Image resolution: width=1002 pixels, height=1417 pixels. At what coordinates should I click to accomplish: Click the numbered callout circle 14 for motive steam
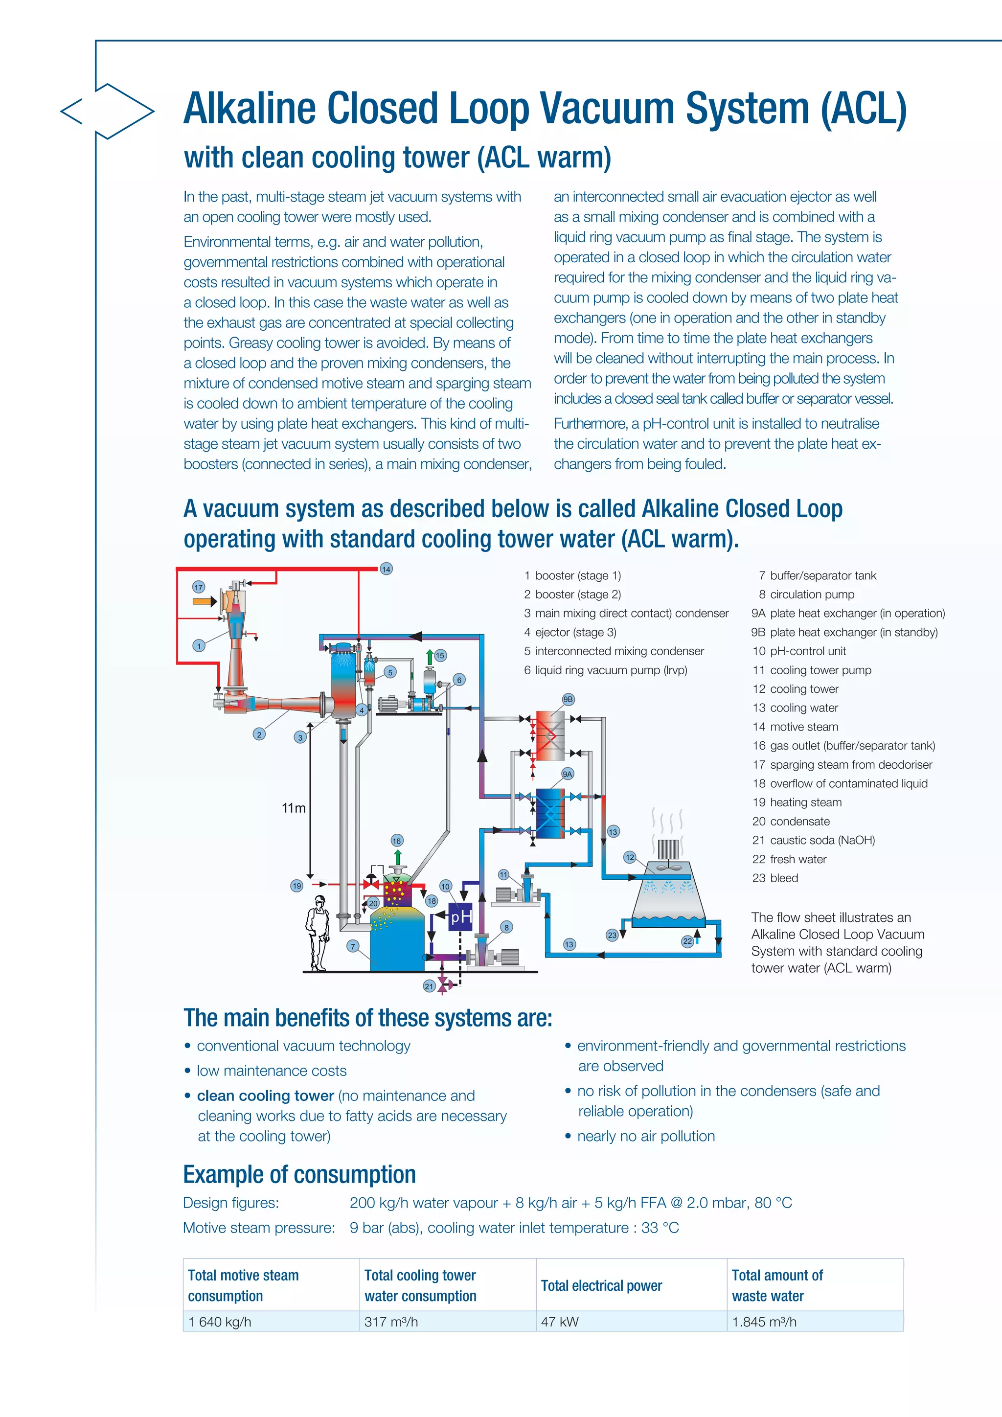386,569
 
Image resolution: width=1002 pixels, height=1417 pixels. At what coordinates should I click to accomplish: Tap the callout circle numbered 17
198,587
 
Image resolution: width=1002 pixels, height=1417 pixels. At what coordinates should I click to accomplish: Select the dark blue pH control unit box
460,917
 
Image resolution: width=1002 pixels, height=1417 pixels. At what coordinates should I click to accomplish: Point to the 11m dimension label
294,808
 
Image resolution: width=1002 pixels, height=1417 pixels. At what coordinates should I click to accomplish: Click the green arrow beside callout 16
397,857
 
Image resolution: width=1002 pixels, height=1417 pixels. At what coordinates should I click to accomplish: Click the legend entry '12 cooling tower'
796,689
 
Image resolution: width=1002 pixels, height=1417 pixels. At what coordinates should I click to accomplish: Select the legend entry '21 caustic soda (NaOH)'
813,840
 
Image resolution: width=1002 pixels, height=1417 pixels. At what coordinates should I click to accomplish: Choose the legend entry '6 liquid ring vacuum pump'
605,670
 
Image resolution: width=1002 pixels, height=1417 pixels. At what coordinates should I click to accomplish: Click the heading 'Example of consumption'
299,1174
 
